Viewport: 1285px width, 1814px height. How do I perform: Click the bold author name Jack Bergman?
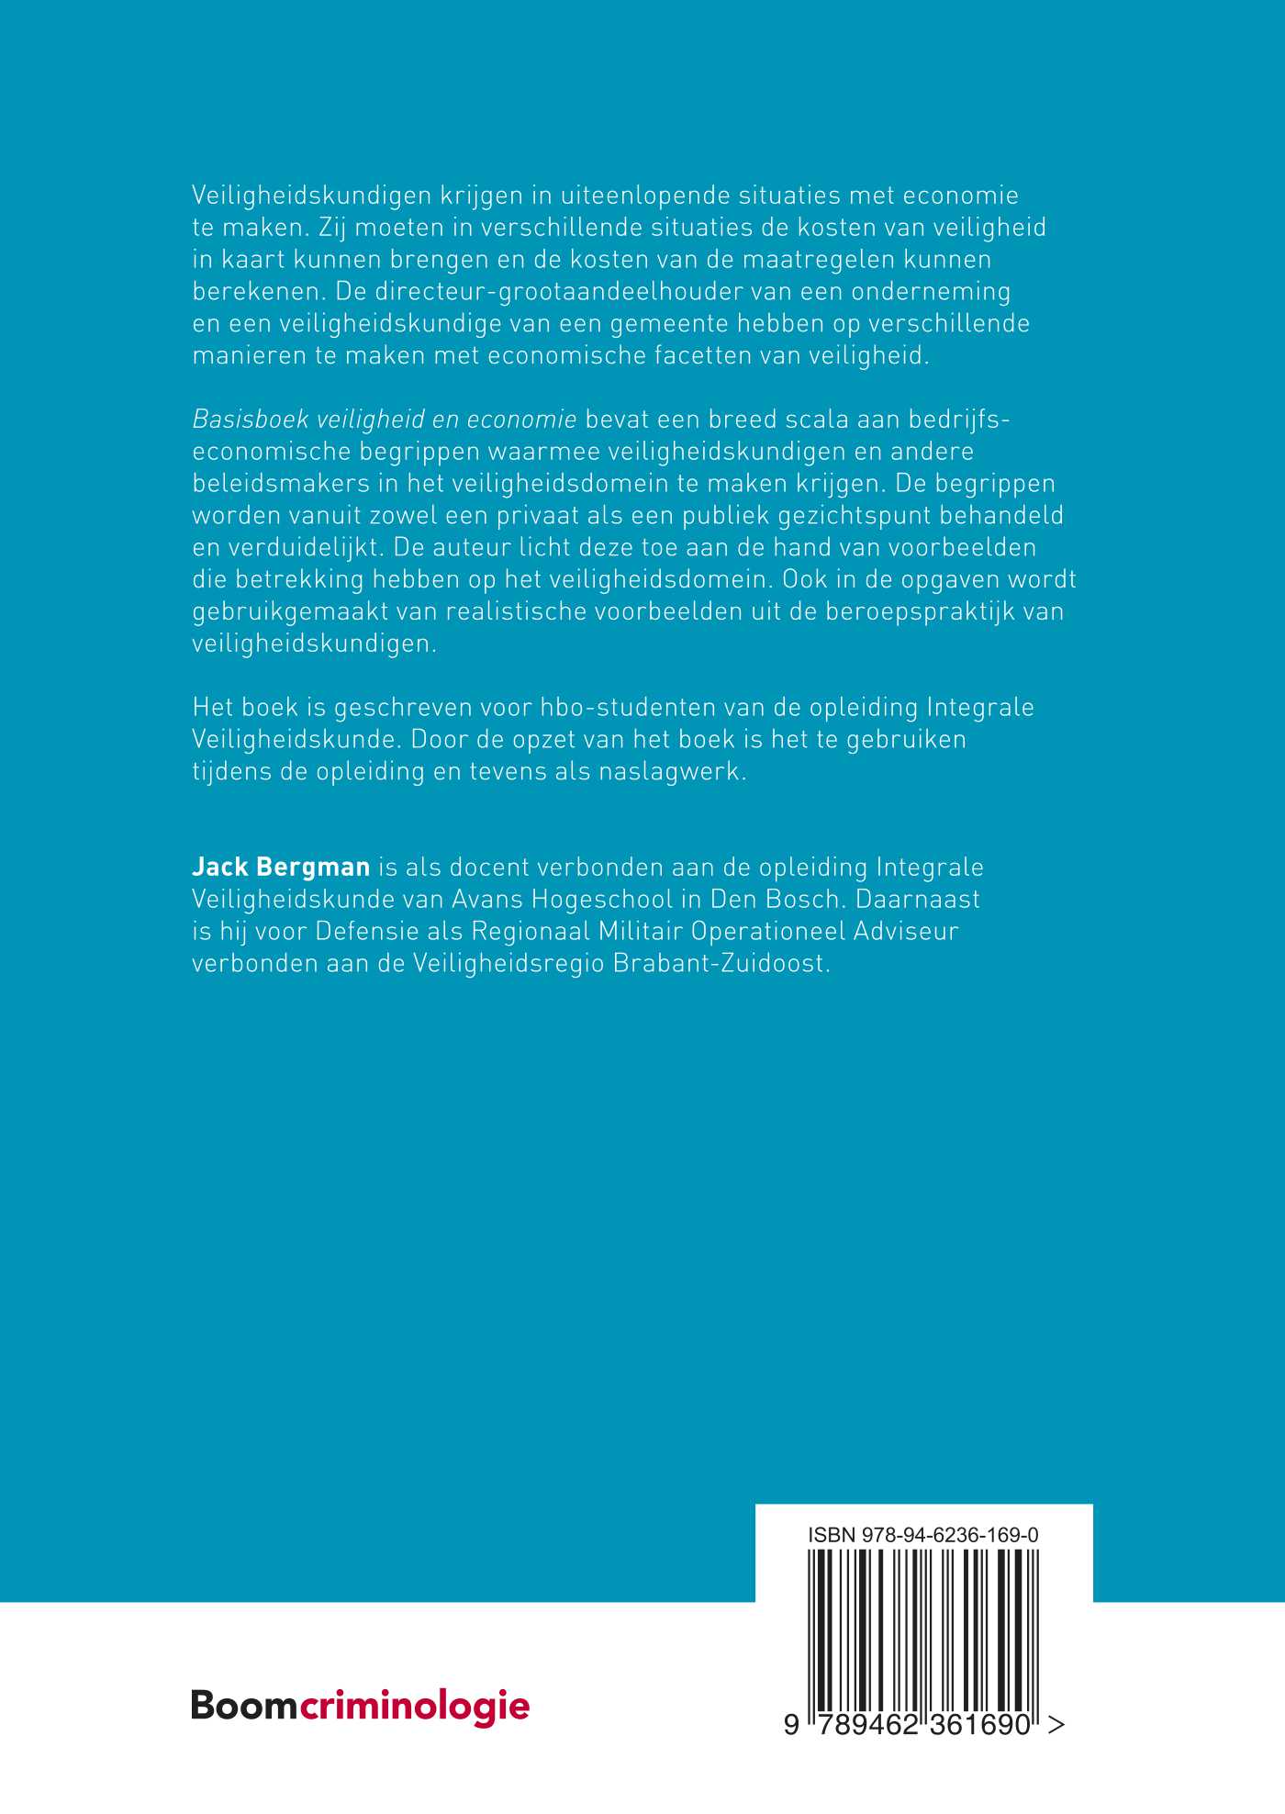(x=281, y=868)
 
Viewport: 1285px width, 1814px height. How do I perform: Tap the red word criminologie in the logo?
(x=415, y=1706)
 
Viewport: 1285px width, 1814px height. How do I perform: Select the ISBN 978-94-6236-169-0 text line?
(x=923, y=1535)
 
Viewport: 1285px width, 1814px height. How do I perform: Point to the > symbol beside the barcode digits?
(x=1056, y=1726)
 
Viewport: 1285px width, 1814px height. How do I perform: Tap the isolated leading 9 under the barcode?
(x=791, y=1726)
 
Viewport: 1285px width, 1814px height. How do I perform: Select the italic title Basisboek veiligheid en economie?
(x=385, y=420)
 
